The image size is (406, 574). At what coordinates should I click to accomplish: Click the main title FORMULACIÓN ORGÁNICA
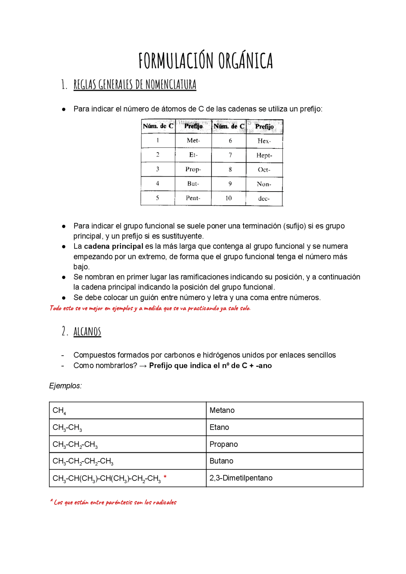(206, 61)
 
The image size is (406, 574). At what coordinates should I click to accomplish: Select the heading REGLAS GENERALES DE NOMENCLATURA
(135, 85)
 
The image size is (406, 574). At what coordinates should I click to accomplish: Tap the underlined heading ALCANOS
(87, 331)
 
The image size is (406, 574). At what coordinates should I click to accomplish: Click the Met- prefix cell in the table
(193, 140)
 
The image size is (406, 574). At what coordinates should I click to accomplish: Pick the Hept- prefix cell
(264, 155)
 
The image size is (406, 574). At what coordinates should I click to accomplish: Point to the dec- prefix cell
(264, 199)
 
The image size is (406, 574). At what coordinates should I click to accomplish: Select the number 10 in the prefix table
(228, 198)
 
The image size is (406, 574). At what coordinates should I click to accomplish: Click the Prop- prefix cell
(193, 169)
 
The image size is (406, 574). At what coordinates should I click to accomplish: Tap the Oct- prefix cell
(264, 170)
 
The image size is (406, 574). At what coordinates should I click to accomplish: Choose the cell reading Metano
(222, 410)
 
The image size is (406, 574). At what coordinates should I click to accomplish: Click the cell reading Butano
(221, 461)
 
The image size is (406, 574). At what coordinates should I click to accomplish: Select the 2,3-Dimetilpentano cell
(241, 478)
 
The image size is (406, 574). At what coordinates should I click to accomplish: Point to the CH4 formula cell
(59, 411)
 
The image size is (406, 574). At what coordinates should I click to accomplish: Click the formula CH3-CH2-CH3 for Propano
(75, 445)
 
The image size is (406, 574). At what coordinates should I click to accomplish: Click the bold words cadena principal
(114, 246)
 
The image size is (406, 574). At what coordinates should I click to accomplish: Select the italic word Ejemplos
(65, 386)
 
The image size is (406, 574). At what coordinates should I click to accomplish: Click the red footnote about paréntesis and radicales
(113, 502)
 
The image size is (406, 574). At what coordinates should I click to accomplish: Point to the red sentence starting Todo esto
(150, 308)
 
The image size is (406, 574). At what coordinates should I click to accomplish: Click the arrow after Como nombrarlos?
(143, 366)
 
